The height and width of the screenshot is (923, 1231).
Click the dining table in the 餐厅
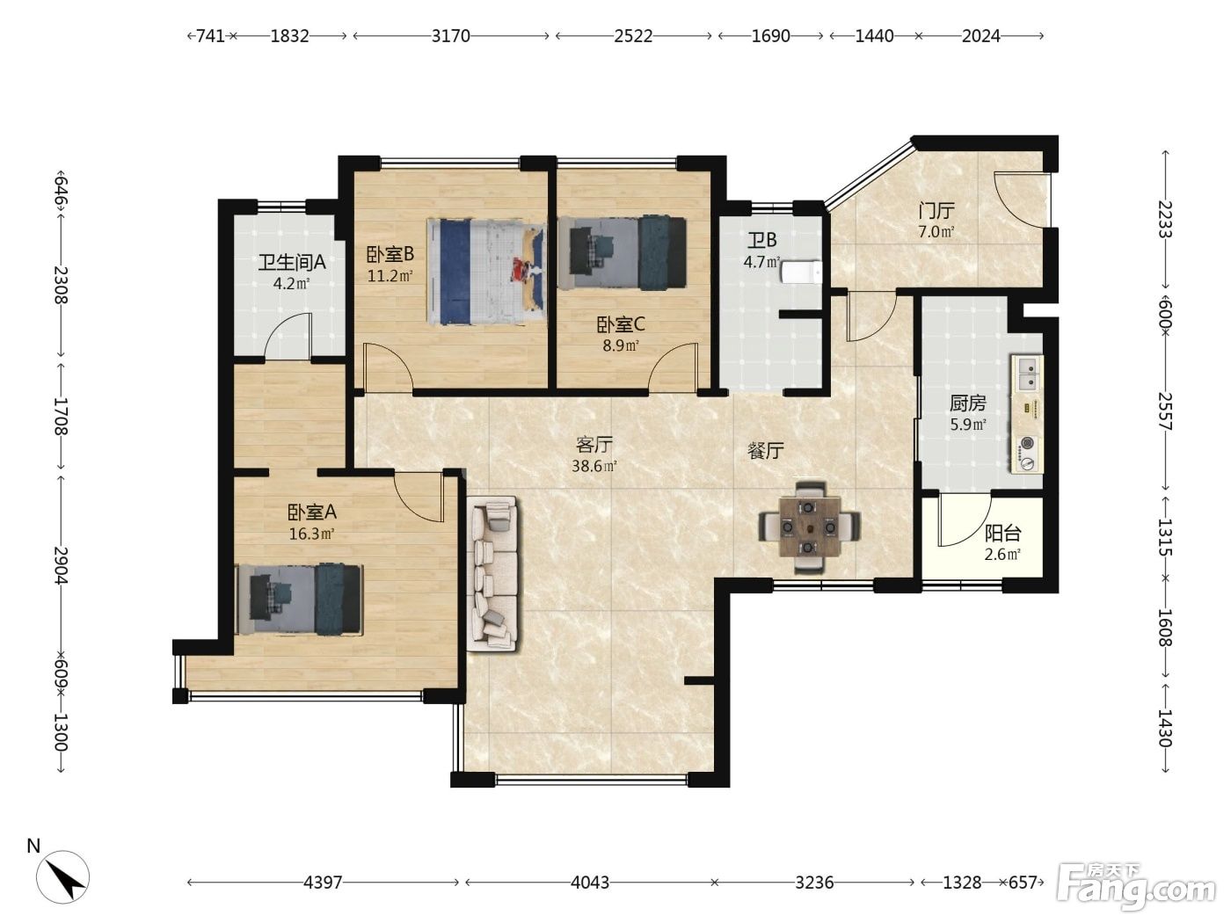pyautogui.click(x=808, y=527)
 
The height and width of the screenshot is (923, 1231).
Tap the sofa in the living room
pyautogui.click(x=492, y=574)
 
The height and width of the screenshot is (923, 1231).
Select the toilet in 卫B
pyautogui.click(x=801, y=273)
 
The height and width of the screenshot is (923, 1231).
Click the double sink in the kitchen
pyautogui.click(x=1027, y=374)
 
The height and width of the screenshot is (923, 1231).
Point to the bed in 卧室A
pyautogui.click(x=300, y=600)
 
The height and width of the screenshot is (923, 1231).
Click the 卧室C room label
pyautogui.click(x=620, y=323)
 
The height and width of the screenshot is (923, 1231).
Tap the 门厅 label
pyautogui.click(x=936, y=211)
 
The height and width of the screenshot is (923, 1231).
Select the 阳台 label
pyautogui.click(x=1002, y=533)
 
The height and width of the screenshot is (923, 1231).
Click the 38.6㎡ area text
pyautogui.click(x=594, y=466)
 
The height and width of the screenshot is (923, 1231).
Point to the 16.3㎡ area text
pyautogui.click(x=312, y=534)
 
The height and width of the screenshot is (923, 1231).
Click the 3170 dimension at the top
pyautogui.click(x=450, y=36)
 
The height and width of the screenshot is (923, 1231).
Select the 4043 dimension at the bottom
pyautogui.click(x=589, y=883)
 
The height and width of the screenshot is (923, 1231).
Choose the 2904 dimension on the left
pyautogui.click(x=61, y=565)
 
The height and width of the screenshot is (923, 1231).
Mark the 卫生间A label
pyautogui.click(x=292, y=262)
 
